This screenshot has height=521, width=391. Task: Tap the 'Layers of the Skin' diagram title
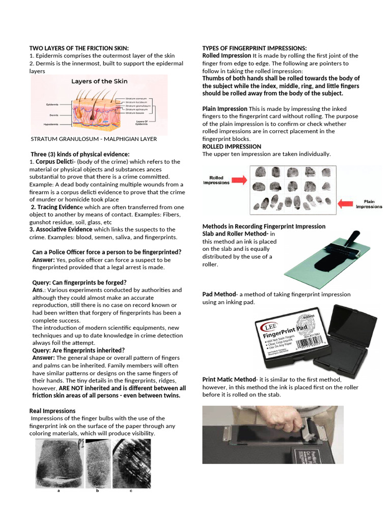coord(99,81)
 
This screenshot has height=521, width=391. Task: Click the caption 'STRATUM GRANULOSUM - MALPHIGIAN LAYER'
coord(94,138)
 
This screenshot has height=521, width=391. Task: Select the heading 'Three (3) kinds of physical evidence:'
coord(80,154)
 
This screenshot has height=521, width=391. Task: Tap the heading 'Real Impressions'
coord(52,411)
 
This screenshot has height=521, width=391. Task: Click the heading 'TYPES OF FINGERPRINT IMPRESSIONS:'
coord(255,48)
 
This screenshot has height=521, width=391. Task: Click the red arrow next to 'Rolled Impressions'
coord(240,179)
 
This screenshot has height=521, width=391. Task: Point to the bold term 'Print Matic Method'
coord(229,380)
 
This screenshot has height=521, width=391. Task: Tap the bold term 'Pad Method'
coord(219,294)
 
